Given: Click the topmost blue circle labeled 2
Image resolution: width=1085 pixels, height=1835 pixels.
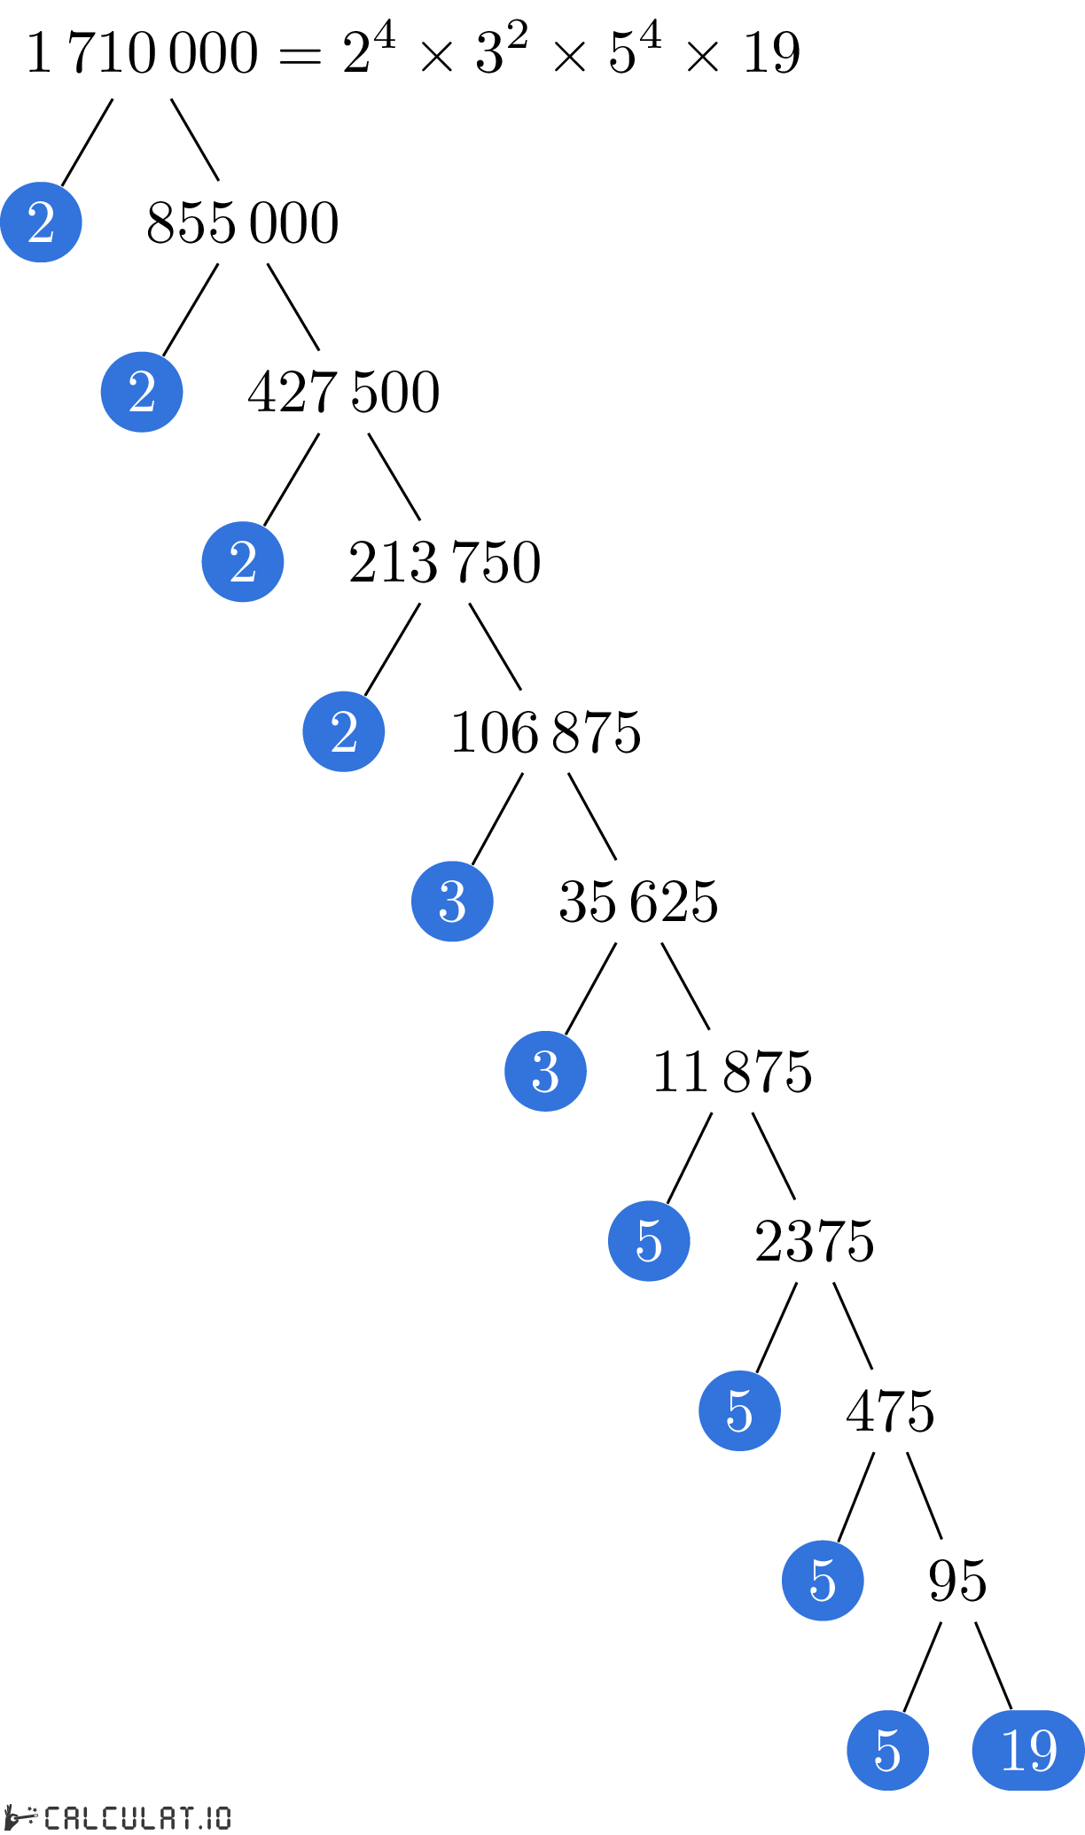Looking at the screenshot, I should pos(41,222).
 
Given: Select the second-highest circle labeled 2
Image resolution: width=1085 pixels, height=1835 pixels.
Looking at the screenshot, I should pos(142,392).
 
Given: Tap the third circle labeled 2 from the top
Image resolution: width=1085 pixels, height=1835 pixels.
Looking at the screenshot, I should pos(243,562).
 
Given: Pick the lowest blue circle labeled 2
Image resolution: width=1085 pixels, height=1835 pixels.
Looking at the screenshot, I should pos(344,731).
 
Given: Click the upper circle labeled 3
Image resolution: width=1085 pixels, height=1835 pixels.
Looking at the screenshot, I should pos(452,902).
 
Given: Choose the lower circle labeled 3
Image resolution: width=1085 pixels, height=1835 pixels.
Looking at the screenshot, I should pos(545,1071).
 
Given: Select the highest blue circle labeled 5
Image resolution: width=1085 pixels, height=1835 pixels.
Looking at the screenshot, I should pos(649,1241).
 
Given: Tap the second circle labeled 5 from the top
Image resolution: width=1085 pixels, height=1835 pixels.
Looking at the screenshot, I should pos(739,1410).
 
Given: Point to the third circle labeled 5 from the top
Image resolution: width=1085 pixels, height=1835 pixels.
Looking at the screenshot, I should pos(823,1581).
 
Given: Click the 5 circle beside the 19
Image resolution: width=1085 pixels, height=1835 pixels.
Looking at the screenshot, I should pos(887,1750).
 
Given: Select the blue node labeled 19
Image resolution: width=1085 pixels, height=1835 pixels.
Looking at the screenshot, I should pos(1028,1750).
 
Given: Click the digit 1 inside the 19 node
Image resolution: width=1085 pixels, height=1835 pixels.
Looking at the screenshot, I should pos(1011,1751).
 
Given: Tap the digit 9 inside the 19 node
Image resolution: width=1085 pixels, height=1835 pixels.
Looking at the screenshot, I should pos(1042,1751).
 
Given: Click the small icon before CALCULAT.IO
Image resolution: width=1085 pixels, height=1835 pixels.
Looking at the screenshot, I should pos(20,1816).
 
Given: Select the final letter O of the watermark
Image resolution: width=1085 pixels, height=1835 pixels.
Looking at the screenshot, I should pos(222,1818).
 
